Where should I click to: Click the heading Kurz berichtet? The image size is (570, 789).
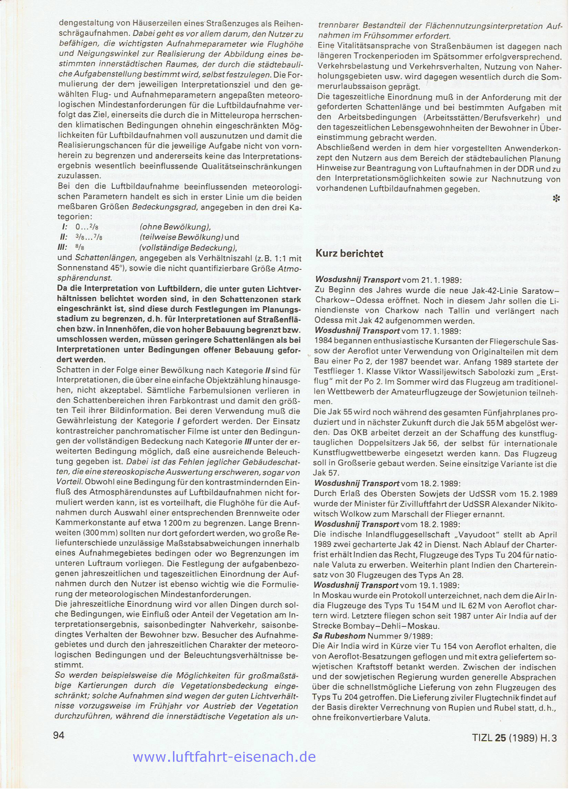click(349, 253)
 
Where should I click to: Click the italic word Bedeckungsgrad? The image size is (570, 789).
click(158, 208)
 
